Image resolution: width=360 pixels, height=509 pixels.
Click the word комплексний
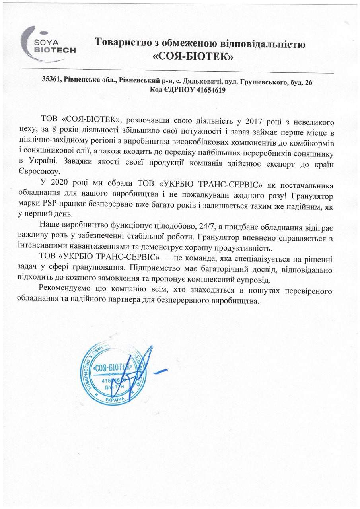pos(225,280)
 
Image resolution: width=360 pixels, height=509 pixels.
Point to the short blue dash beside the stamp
pos(160,371)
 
